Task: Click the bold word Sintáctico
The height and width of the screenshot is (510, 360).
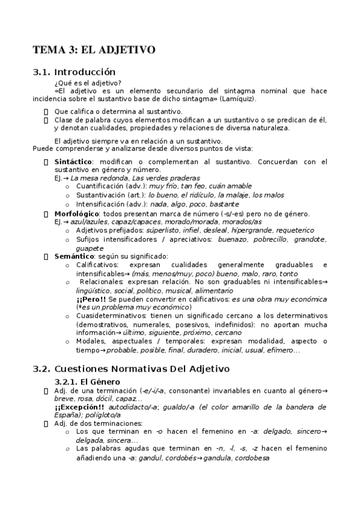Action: (x=73, y=162)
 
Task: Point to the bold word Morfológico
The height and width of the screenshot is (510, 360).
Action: (x=76, y=214)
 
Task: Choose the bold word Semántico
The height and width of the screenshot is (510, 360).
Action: (x=73, y=256)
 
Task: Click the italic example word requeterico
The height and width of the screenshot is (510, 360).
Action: (x=310, y=230)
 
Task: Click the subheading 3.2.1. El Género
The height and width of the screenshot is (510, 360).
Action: (x=88, y=382)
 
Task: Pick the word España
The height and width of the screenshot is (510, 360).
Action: (x=66, y=415)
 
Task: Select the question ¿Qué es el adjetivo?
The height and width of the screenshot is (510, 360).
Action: (x=88, y=83)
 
